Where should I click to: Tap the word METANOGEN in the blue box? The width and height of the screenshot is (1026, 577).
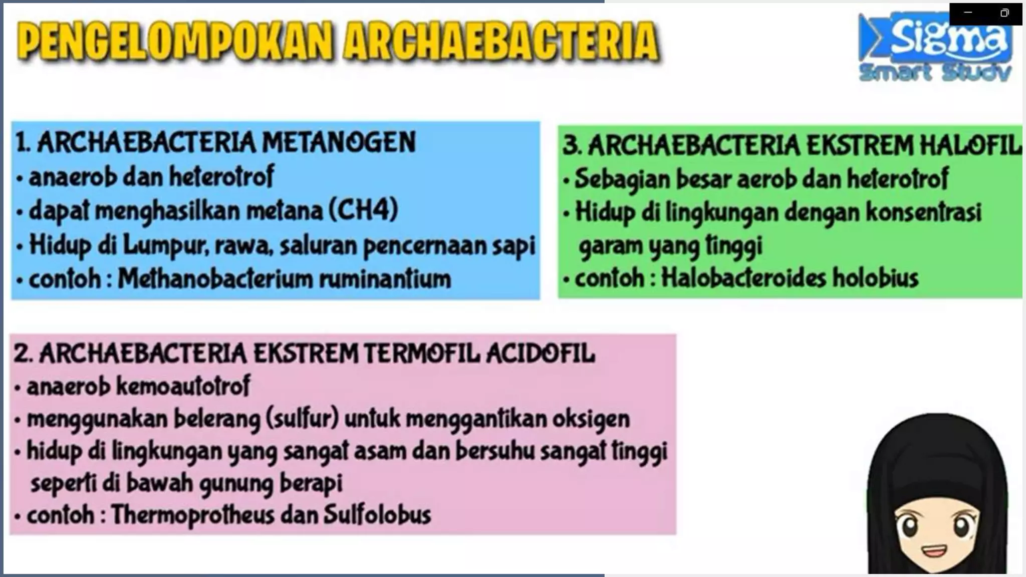[339, 142]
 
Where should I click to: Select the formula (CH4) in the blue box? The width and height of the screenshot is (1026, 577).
[364, 210]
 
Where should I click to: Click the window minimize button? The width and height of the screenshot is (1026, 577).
[968, 13]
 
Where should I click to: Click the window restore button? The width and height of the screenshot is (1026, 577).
[1004, 13]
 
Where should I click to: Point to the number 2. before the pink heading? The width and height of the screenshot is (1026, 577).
[23, 354]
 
